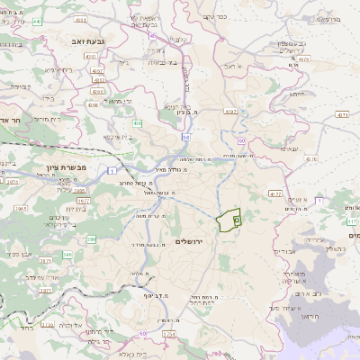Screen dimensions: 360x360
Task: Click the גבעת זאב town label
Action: coord(89,40)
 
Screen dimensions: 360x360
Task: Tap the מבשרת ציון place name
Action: coord(67,166)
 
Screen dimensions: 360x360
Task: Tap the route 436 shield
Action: coord(137,122)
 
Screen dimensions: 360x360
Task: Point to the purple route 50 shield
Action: coord(242,141)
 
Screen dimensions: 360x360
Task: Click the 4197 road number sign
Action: coord(231,112)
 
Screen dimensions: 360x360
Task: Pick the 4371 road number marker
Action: coord(340,115)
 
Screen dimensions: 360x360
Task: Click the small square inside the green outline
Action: coord(237,218)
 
